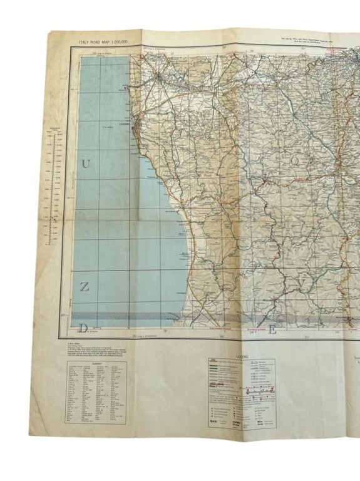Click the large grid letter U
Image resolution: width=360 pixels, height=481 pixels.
(x=86, y=165)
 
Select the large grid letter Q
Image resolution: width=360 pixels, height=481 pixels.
(x=295, y=159)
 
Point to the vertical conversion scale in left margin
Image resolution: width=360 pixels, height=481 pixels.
(x=54, y=188)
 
